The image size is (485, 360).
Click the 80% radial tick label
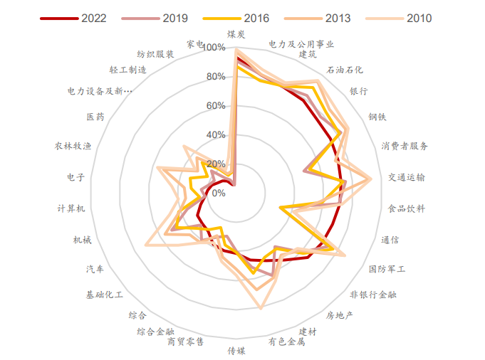(215, 77)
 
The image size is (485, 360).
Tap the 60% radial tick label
(215, 106)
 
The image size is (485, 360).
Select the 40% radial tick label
(215, 135)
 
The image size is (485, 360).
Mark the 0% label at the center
(218, 193)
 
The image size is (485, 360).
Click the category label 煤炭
(236, 33)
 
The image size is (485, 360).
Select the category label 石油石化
(344, 70)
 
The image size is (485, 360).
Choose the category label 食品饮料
(406, 208)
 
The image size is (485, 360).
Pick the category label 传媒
(236, 350)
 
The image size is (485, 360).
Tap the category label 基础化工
(105, 294)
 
